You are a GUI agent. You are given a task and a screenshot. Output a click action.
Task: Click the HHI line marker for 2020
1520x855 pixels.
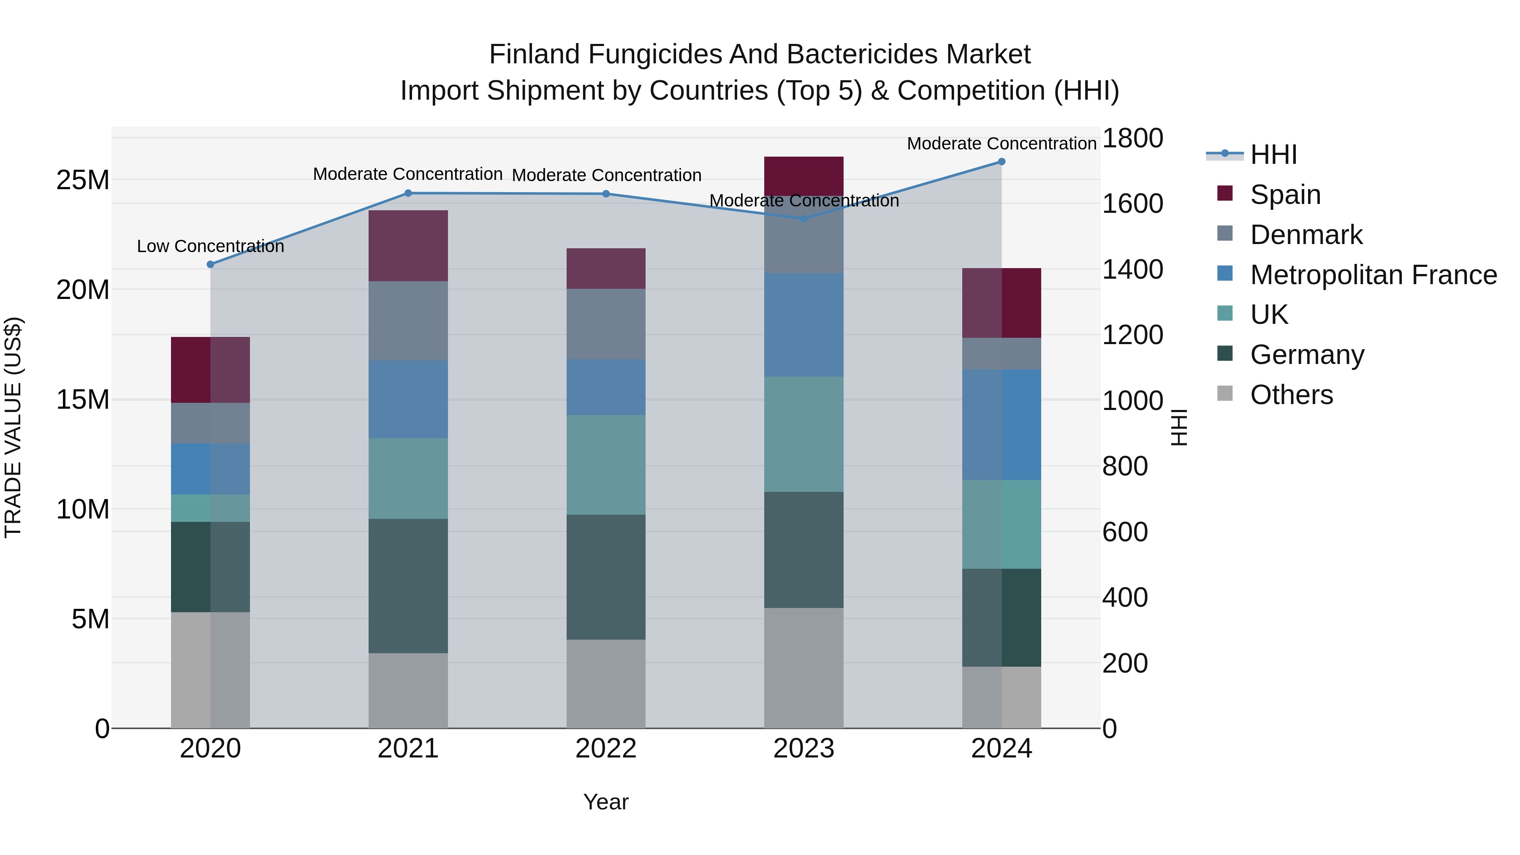(x=210, y=264)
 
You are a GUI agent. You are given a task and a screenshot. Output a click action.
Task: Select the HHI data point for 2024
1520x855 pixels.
(x=1002, y=162)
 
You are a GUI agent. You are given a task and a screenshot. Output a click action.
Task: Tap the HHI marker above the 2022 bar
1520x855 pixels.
(x=606, y=193)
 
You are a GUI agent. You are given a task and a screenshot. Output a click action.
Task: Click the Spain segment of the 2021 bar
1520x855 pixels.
(x=408, y=245)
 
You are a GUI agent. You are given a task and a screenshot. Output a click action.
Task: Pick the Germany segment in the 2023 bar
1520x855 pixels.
(x=803, y=549)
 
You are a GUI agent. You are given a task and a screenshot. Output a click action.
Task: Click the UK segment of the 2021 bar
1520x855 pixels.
(x=408, y=478)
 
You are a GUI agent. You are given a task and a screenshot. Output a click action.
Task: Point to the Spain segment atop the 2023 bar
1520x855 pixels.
(x=803, y=176)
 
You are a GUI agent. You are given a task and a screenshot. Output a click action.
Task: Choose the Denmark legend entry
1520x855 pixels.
(x=1306, y=235)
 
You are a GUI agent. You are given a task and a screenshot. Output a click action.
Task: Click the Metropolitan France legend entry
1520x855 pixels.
(x=1373, y=275)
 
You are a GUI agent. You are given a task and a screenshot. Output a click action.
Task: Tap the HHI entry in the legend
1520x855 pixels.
(x=1273, y=155)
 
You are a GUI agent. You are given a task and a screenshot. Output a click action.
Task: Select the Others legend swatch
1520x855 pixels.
(x=1225, y=394)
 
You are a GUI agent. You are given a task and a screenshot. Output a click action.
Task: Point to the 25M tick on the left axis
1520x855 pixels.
(x=83, y=180)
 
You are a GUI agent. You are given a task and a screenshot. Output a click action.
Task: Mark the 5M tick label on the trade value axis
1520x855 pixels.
(x=90, y=619)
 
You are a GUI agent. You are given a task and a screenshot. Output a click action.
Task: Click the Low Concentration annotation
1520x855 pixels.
(x=210, y=246)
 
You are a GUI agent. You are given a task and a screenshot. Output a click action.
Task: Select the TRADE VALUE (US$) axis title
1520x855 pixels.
(x=13, y=427)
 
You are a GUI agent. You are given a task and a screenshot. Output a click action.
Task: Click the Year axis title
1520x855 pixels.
(x=606, y=802)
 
